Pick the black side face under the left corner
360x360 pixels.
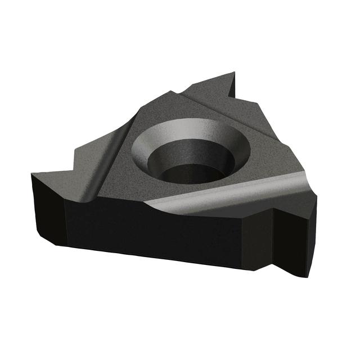coord(48,208)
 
